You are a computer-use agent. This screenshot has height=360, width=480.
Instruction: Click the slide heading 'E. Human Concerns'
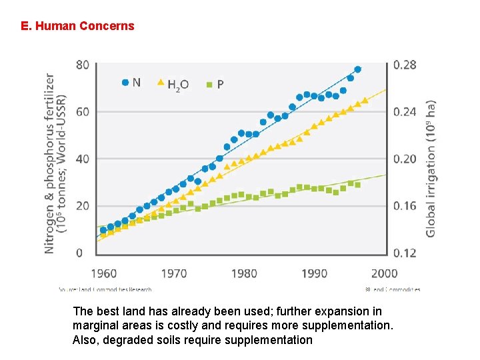77,26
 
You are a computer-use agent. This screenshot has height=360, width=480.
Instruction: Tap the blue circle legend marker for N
125,83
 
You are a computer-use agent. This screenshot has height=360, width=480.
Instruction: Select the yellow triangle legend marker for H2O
160,83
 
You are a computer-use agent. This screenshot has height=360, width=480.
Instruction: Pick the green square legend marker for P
209,85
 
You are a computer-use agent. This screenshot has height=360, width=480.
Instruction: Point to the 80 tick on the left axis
83,65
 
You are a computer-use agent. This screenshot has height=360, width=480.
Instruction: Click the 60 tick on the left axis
83,112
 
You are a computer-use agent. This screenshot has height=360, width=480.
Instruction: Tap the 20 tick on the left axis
83,206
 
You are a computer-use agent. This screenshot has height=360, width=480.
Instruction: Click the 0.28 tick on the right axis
405,65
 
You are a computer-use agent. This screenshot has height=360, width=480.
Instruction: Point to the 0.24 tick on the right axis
405,112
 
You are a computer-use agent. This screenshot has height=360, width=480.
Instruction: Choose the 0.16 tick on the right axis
405,206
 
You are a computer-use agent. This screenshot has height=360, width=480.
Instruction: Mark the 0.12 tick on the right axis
405,253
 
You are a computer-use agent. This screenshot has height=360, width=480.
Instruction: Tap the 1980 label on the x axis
244,273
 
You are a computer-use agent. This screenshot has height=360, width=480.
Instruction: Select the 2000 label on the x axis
385,273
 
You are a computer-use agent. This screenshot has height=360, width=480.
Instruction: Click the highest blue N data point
358,69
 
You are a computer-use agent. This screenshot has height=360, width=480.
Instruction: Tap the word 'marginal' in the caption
101,325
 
